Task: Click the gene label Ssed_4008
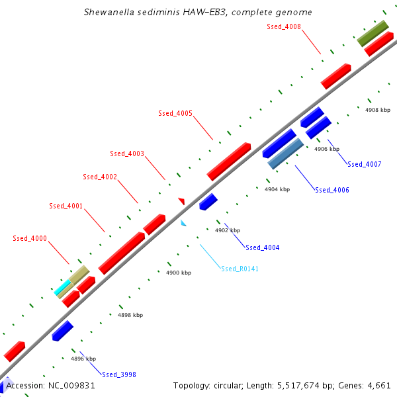[x=284, y=26]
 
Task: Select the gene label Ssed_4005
[x=175, y=113]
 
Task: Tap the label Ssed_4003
[x=127, y=154]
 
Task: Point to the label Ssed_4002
[x=100, y=177]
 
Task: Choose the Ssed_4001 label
[x=66, y=206]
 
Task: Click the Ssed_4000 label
[x=30, y=238]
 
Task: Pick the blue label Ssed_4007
[x=365, y=164]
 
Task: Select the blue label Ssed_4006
[x=332, y=190]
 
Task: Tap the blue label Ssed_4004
[x=263, y=247]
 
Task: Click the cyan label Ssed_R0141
[x=240, y=269]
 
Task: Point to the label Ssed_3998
[x=119, y=374]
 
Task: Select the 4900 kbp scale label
[x=179, y=273]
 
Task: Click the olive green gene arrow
[x=373, y=32]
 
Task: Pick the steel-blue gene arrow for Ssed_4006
[x=285, y=154]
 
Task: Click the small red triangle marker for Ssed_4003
[x=181, y=200]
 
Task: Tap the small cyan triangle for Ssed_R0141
[x=183, y=224]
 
